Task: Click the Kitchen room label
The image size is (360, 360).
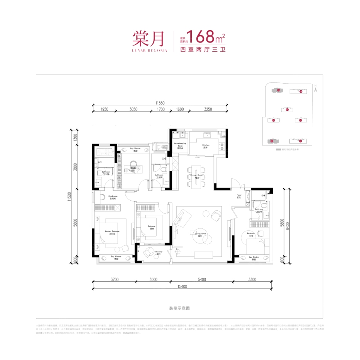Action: pos(206,146)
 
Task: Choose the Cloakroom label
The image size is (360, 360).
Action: pos(113,196)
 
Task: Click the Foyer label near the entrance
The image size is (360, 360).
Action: pos(239,196)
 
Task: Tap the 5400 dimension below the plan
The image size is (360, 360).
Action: pos(201,279)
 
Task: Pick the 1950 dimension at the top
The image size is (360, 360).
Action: pos(104,110)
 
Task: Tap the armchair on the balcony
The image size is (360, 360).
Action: pos(149,253)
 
